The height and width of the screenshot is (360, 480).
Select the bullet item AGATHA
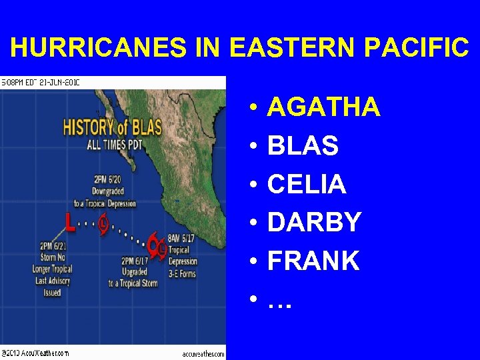tap(323, 107)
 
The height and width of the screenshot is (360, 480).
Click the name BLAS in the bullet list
tap(303, 146)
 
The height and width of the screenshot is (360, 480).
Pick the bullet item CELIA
tap(307, 185)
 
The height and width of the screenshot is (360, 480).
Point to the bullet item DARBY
tap(314, 223)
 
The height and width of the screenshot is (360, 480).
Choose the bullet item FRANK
tap(313, 261)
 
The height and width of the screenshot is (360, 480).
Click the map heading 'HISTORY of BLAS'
tap(112, 127)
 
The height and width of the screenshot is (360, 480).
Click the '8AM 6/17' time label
tap(181, 238)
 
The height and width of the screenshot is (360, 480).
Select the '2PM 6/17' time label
tap(135, 260)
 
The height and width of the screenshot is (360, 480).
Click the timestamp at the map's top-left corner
tap(40, 83)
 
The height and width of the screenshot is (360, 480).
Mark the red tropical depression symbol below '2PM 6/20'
tap(103, 224)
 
